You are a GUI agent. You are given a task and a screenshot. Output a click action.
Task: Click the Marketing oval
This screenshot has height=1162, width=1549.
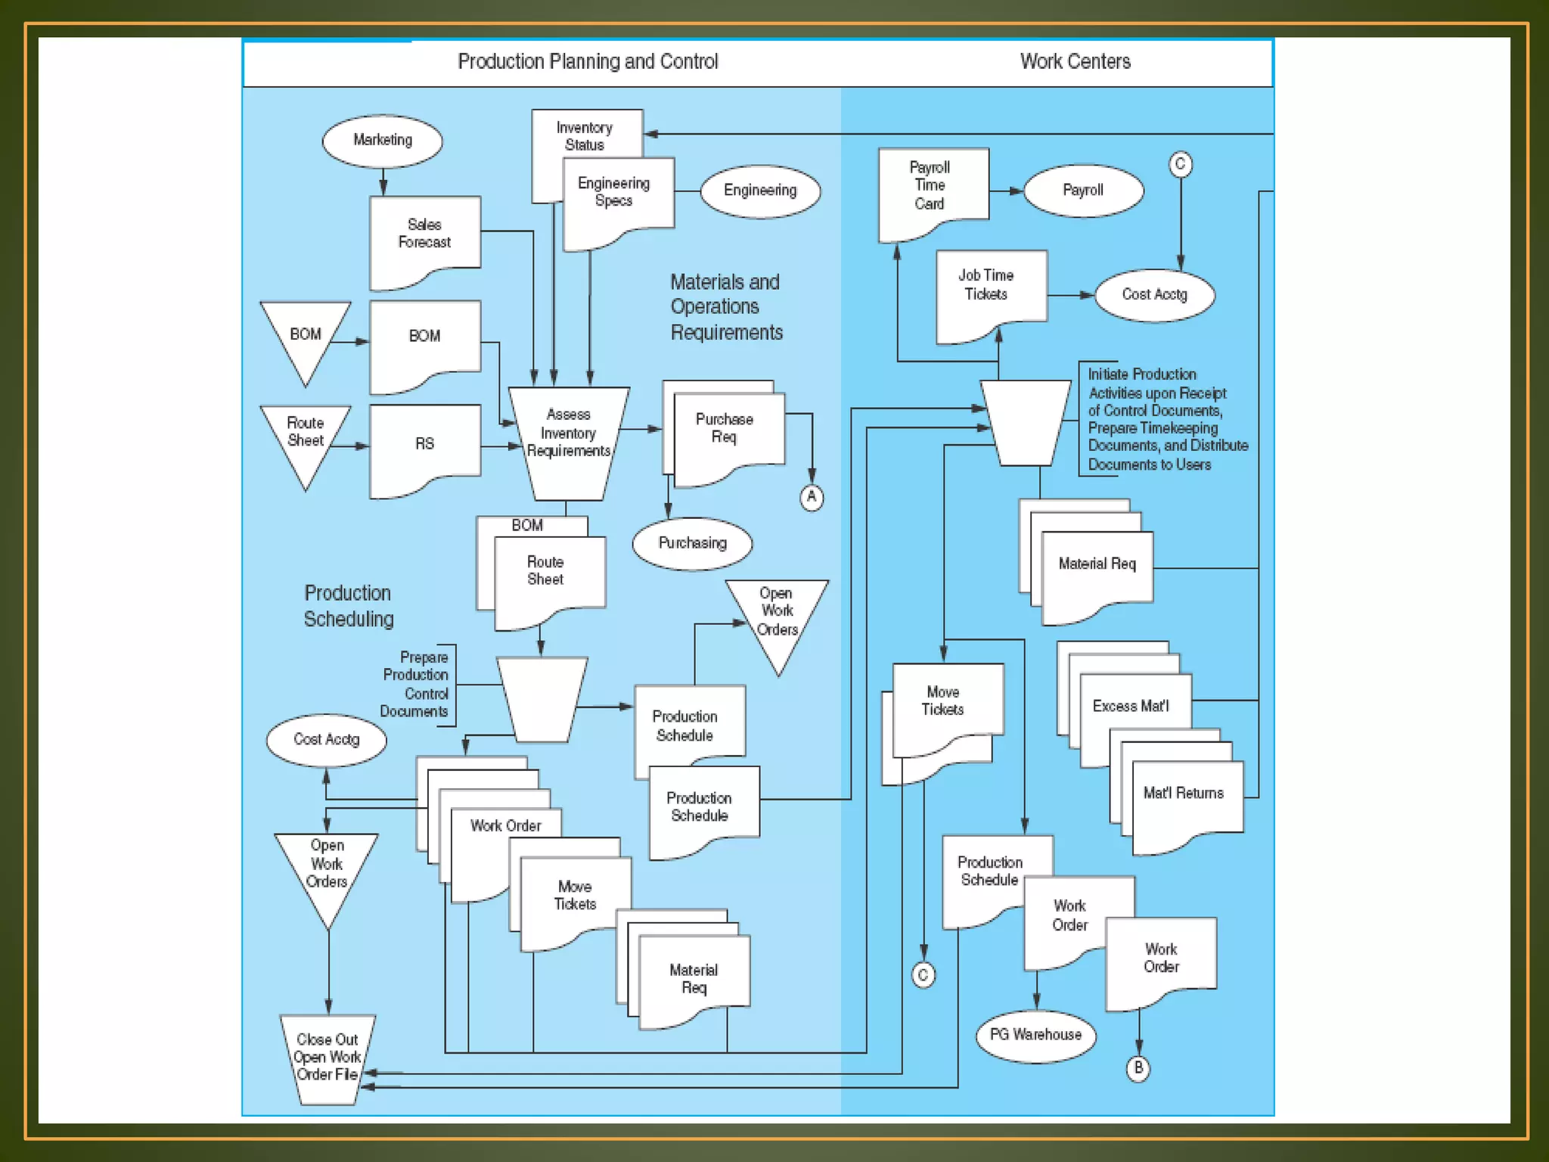(x=382, y=141)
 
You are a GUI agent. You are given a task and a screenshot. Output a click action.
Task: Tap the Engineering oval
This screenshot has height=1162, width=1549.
(x=759, y=191)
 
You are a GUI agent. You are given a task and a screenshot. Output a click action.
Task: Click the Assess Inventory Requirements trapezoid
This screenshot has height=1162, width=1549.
(x=568, y=439)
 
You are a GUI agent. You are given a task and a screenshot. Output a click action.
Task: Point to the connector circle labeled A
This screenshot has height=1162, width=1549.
(x=812, y=497)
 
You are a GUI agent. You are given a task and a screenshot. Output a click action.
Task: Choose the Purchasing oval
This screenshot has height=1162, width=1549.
(x=692, y=543)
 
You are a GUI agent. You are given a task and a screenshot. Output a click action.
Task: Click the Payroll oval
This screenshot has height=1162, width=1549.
(x=1082, y=191)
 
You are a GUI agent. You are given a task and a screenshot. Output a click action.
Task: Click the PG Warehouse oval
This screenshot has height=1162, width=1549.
(x=1035, y=1035)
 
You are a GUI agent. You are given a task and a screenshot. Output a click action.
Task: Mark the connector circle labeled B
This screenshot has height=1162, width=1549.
(x=1138, y=1068)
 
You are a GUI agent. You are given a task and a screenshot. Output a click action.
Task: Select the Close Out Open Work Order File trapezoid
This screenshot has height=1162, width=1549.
(x=327, y=1057)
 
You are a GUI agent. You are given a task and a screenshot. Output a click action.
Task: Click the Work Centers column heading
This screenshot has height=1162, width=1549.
(x=1075, y=61)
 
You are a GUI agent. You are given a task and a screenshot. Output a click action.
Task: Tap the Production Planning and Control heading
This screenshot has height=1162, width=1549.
(x=588, y=61)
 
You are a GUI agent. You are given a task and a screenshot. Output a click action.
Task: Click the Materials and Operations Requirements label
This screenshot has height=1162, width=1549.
(x=725, y=307)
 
